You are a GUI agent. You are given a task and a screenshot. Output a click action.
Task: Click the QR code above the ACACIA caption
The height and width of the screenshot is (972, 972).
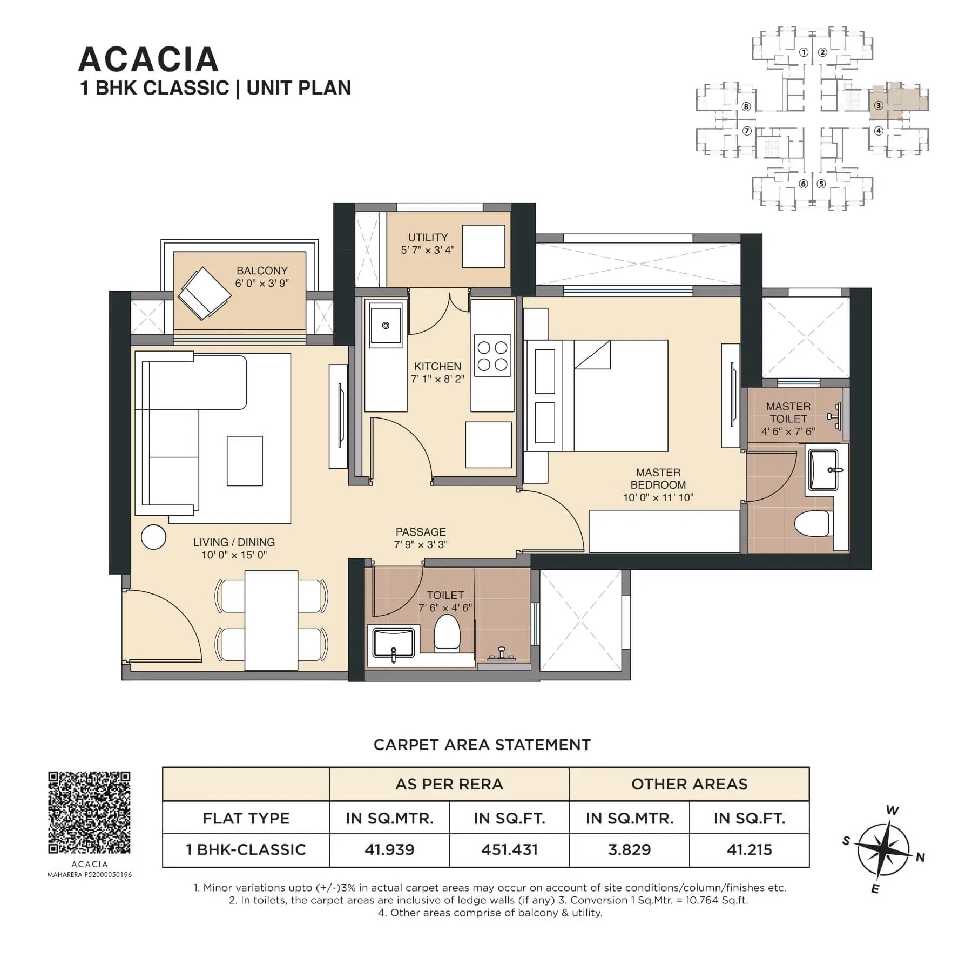(90, 813)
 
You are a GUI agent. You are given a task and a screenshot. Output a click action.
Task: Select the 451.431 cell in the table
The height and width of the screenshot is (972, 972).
(509, 850)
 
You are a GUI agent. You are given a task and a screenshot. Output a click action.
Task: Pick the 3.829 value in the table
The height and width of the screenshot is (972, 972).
(629, 850)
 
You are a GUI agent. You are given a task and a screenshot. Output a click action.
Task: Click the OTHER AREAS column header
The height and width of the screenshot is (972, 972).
(689, 784)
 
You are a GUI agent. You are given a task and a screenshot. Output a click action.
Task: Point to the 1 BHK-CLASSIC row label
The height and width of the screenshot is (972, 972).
(246, 850)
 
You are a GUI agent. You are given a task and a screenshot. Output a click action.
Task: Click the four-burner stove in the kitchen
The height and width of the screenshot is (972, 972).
(492, 355)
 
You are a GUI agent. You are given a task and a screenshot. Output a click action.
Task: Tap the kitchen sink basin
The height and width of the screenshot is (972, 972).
(386, 325)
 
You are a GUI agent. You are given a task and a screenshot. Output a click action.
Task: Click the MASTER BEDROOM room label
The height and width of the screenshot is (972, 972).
(658, 478)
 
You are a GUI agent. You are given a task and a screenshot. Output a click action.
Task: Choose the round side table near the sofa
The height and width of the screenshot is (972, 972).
(153, 537)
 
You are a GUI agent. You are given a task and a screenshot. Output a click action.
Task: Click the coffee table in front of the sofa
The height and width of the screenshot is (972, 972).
(245, 461)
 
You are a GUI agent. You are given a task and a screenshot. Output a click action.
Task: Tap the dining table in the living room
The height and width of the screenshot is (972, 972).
(271, 620)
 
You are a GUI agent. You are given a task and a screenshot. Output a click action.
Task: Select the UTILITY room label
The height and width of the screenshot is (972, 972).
(428, 237)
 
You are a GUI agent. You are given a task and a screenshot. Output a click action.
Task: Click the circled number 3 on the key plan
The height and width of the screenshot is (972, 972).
(879, 105)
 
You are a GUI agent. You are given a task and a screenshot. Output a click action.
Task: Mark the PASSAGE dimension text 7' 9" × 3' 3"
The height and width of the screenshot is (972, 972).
(421, 544)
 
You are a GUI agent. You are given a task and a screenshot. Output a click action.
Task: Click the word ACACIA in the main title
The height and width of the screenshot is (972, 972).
(148, 59)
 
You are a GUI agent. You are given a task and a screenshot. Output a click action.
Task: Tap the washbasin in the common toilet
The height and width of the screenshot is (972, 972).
(393, 643)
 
